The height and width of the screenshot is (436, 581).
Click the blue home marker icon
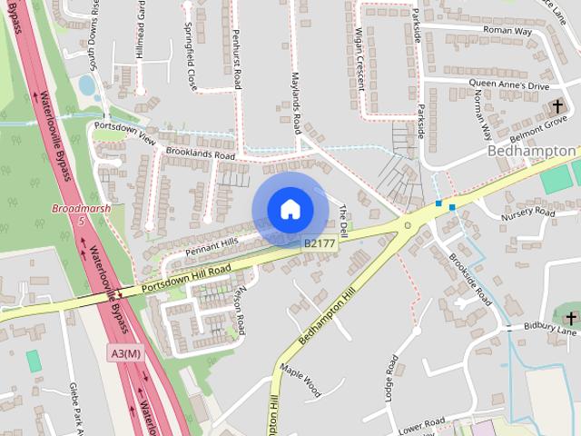click(290, 209)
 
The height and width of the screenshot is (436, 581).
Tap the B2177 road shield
click(319, 243)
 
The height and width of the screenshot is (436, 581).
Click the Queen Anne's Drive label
click(509, 84)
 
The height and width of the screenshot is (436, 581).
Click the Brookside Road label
click(471, 279)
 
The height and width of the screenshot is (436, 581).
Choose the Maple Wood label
click(300, 381)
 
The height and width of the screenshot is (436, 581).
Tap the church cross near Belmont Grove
click(557, 108)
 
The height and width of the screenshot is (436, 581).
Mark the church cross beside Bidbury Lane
click(570, 317)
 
